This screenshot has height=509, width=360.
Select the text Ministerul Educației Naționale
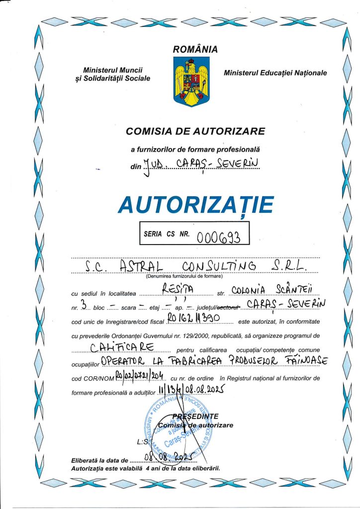[275, 73]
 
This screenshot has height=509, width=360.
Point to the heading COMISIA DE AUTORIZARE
[195, 132]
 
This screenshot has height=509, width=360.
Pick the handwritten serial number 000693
[219, 237]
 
